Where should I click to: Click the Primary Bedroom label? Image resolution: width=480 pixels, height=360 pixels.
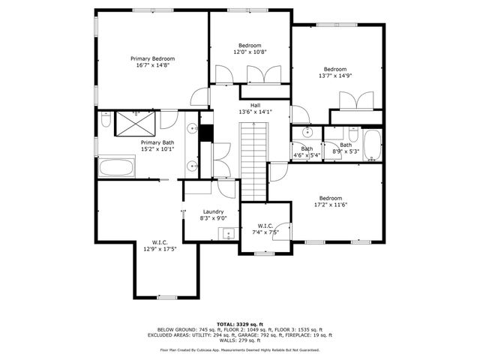(x=152, y=58)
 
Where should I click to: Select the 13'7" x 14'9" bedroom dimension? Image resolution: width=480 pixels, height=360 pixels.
(x=335, y=76)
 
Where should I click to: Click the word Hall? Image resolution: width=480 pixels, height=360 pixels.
(x=255, y=105)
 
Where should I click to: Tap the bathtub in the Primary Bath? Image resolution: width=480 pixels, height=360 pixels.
(x=117, y=167)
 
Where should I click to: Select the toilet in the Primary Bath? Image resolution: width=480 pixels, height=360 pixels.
(x=105, y=120)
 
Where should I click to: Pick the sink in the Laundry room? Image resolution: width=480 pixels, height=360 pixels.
(x=227, y=235)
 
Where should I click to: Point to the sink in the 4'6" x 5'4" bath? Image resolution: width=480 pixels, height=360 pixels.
(x=307, y=133)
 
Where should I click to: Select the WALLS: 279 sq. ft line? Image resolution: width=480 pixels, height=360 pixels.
(x=240, y=341)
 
